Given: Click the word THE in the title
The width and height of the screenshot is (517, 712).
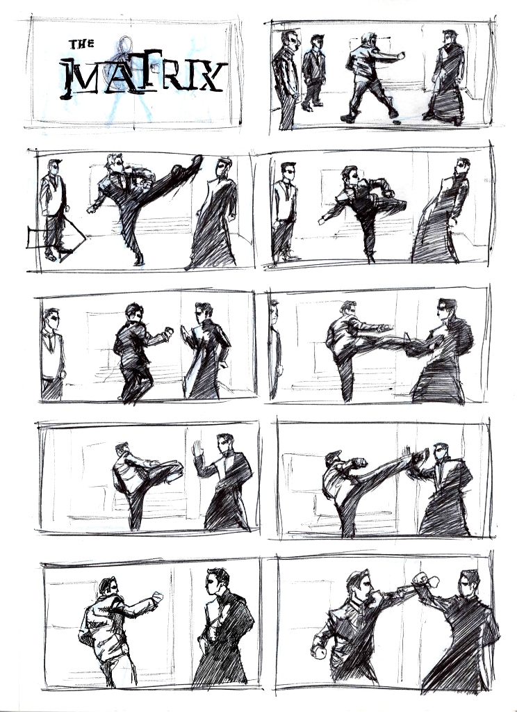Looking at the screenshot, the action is coord(82,44).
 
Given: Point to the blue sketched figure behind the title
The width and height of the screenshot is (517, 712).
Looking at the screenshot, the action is coord(129,77).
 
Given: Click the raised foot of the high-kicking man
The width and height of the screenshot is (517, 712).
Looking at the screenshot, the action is coord(195,161).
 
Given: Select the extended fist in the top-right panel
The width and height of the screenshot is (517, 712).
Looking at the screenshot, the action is coord(400,56).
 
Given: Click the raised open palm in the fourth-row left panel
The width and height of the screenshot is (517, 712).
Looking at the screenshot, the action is coord(197,448).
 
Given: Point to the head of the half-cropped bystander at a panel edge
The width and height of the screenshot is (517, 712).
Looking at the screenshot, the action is coord(274,311).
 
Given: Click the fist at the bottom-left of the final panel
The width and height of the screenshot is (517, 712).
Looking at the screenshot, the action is coord(319,652).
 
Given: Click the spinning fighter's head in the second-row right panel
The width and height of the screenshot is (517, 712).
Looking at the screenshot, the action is coord(350,175).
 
